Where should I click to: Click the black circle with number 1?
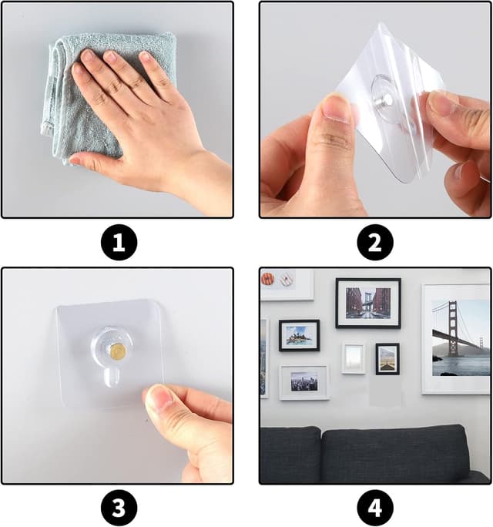119,242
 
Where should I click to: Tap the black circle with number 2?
374,242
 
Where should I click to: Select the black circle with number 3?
119,508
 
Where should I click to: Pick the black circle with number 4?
374,508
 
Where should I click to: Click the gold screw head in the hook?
118,351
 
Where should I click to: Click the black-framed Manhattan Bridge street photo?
368,303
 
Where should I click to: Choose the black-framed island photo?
299,335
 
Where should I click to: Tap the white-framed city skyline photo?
304,382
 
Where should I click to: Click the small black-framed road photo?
387,359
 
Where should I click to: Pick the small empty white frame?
354,358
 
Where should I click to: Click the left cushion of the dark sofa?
290,454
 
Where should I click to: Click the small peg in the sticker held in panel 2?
387,99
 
